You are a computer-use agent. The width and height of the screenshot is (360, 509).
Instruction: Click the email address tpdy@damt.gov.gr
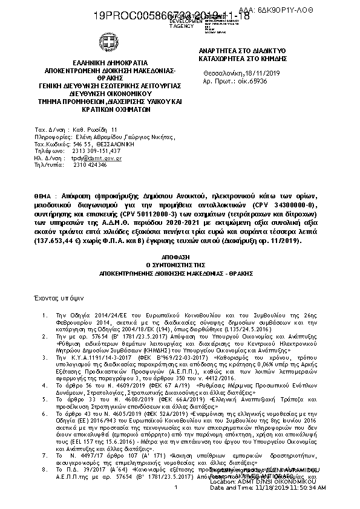click(97, 158)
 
